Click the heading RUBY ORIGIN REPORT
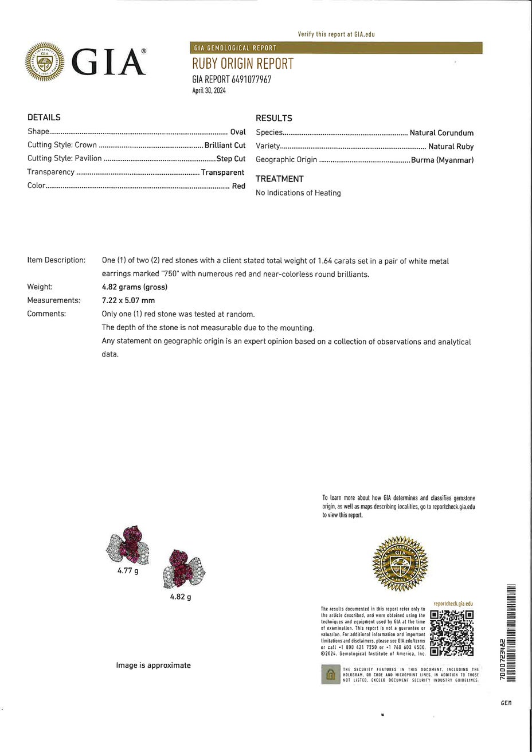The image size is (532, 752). [x=242, y=64]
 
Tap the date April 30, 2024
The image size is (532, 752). [x=209, y=91]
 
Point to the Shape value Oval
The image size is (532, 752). [x=237, y=132]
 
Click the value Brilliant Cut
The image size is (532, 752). [x=225, y=145]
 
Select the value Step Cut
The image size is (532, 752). [x=230, y=158]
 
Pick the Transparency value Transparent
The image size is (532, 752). [x=222, y=172]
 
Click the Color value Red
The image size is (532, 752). [x=238, y=186]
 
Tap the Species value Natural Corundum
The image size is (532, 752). [x=441, y=132]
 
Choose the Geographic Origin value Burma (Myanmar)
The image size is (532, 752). [x=442, y=160]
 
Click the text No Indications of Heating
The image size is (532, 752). [x=298, y=193]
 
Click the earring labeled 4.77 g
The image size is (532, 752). [x=128, y=545]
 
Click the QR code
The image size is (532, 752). [x=452, y=633]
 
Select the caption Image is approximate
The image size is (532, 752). [x=153, y=665]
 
